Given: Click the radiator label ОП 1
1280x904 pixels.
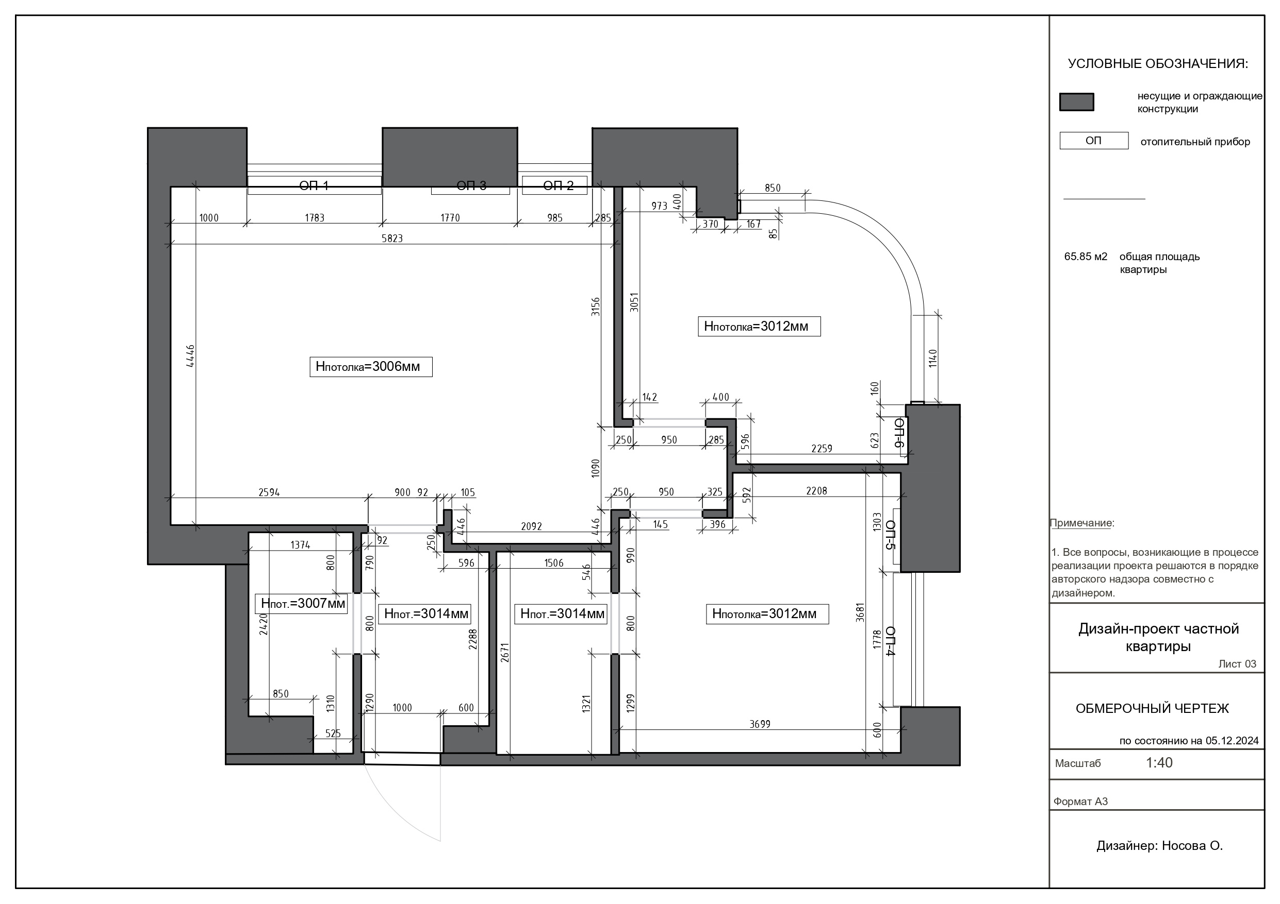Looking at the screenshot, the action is click(x=314, y=185).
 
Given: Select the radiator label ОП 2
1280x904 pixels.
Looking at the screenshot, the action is click(x=558, y=185).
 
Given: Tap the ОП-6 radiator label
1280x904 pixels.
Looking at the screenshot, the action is click(x=899, y=433).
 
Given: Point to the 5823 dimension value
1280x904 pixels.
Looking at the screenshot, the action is click(x=392, y=238).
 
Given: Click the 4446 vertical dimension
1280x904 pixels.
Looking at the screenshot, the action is click(x=190, y=357).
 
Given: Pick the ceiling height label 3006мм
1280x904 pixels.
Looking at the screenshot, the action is click(x=368, y=367).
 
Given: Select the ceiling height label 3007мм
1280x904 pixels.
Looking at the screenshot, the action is click(x=303, y=603).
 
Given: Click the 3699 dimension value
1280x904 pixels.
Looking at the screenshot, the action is click(x=760, y=724).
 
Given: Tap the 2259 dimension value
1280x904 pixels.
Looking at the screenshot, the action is click(x=822, y=448).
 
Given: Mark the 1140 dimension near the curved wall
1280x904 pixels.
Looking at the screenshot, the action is click(x=933, y=358).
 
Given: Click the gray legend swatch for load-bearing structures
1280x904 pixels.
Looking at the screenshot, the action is click(x=1076, y=102).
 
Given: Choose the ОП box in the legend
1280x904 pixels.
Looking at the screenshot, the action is click(x=1094, y=140).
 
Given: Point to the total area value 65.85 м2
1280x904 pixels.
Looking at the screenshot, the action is click(x=1086, y=257).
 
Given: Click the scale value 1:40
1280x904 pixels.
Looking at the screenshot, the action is click(x=1159, y=762).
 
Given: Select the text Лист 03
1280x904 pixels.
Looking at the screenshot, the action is click(x=1238, y=664).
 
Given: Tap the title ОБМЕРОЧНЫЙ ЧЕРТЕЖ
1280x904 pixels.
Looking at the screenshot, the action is click(x=1152, y=708).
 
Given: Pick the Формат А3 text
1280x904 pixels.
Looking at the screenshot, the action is click(x=1080, y=801).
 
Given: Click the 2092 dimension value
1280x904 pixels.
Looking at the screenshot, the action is click(x=531, y=526).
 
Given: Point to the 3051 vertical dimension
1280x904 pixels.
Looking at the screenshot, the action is click(x=634, y=302).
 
